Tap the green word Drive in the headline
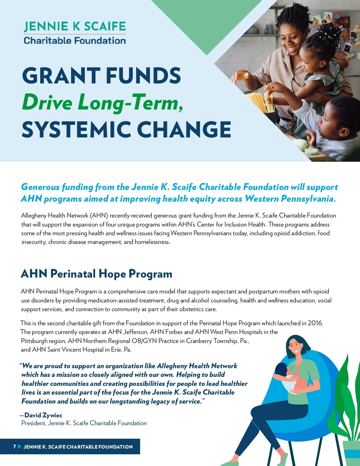(x=47, y=103)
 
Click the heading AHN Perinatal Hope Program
(x=96, y=274)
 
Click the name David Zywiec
(x=43, y=415)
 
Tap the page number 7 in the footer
(x=14, y=446)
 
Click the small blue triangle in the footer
(x=19, y=446)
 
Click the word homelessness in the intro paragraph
(x=152, y=242)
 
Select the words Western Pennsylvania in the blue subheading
(x=290, y=199)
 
